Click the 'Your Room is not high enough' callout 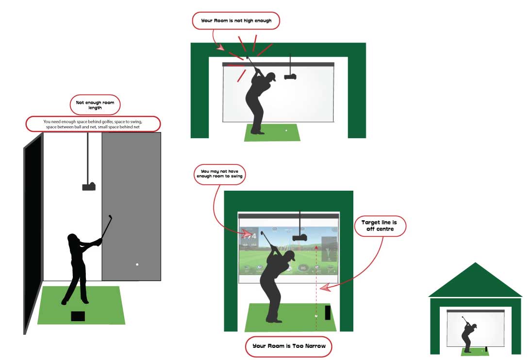click(235, 21)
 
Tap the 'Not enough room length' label click(95, 104)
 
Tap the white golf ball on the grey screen click(137, 264)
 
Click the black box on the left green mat click(78, 316)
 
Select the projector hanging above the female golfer click(88, 186)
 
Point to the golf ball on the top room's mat click(286, 131)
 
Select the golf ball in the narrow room click(316, 316)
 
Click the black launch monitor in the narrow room click(327, 312)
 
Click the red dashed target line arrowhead click(316, 246)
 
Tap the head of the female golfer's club click(110, 216)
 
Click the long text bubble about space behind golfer click(93, 124)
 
